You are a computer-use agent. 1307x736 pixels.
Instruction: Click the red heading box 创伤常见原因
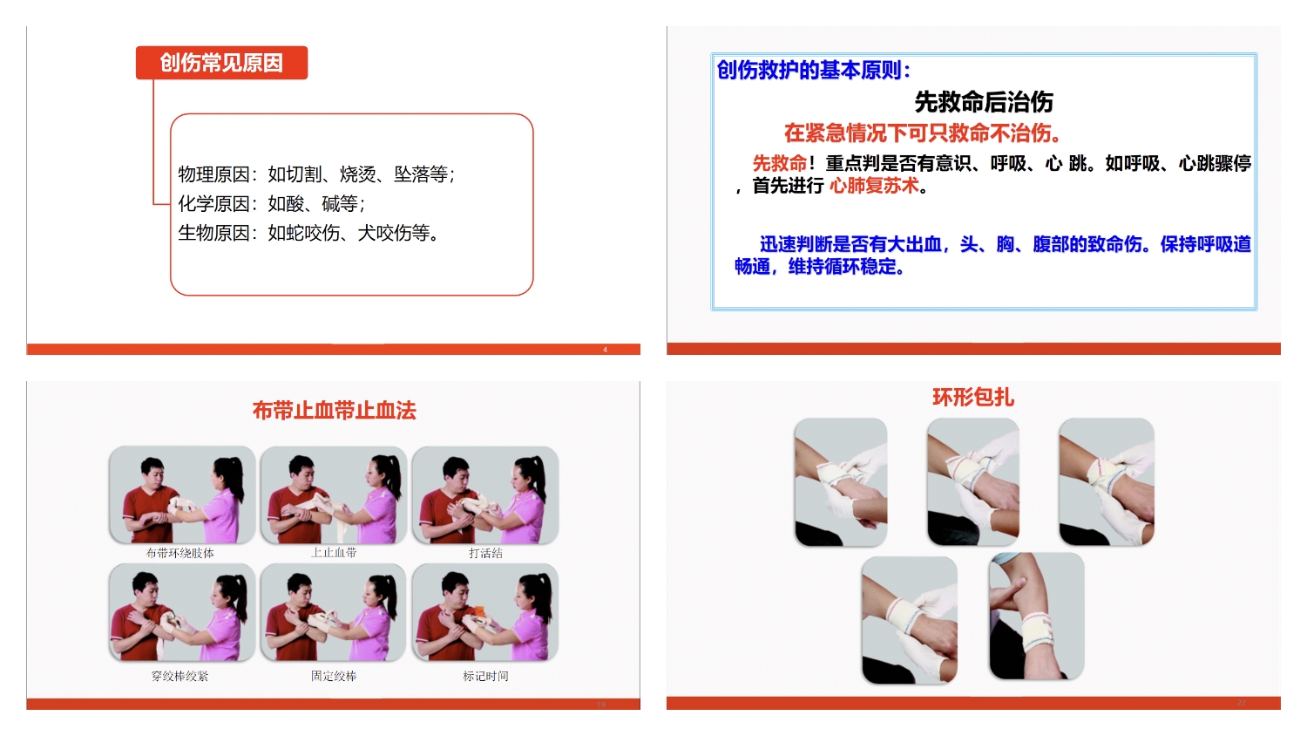click(221, 63)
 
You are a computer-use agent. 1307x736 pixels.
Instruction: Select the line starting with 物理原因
click(316, 174)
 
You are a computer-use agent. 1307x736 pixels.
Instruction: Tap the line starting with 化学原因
click(271, 203)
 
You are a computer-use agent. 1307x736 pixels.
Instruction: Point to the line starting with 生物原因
click(308, 233)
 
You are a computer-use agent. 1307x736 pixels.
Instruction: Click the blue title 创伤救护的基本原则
click(813, 70)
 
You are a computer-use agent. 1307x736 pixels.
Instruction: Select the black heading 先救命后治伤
click(984, 102)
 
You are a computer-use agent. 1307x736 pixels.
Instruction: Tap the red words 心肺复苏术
click(874, 186)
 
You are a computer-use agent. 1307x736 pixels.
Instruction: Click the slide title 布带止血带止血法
click(335, 410)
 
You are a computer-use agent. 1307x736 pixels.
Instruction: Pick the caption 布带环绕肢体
click(180, 553)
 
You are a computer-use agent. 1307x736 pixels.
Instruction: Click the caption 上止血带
click(333, 553)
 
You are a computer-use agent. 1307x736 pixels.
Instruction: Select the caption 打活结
click(485, 553)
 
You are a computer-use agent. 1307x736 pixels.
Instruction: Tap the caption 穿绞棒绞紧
click(179, 676)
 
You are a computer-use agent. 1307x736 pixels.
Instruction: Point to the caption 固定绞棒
click(333, 676)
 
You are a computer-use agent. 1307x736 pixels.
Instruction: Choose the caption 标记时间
click(485, 676)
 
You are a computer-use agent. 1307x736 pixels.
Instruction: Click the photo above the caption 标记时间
click(484, 612)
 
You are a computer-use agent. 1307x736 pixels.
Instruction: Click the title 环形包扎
click(973, 397)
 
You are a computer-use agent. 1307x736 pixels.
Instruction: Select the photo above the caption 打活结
click(484, 494)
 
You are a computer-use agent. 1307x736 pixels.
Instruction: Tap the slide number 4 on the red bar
click(605, 350)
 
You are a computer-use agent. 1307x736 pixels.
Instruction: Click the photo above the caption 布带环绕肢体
click(182, 494)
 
